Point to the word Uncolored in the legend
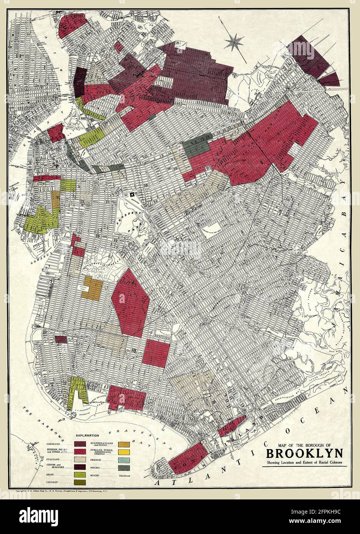tap(124, 476)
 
